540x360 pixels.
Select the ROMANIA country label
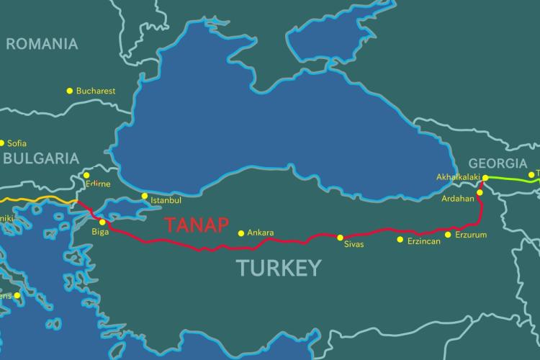point(42,44)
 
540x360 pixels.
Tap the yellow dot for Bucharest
point(70,91)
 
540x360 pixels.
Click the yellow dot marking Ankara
point(241,233)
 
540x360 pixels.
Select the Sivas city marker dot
point(340,237)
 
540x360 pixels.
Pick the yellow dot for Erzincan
point(400,239)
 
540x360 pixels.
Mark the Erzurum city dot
point(448,235)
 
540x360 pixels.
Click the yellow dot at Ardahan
point(480,192)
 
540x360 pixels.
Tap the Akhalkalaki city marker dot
point(485,177)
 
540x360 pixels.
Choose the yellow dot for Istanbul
point(144,196)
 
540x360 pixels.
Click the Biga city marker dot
point(102,222)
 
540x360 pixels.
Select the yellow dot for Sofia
point(1,143)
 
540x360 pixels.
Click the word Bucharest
point(96,91)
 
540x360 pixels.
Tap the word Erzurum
point(471,235)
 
